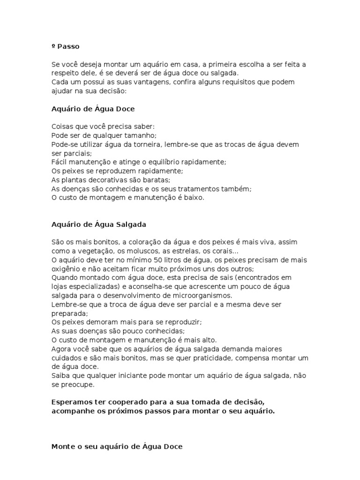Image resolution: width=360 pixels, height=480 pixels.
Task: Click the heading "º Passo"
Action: point(65,46)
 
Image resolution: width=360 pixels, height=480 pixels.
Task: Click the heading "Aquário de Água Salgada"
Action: point(98,224)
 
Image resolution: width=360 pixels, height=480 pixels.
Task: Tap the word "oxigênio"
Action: point(66,269)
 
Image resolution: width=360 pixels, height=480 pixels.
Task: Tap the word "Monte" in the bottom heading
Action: point(61,447)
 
